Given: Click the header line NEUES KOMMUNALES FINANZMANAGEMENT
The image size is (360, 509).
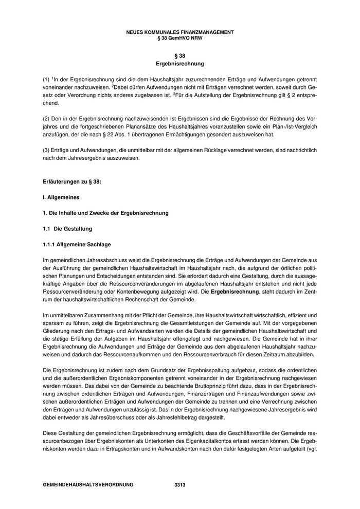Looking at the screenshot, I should coord(179,32).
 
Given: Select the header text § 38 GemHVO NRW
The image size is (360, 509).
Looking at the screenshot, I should coord(179,38).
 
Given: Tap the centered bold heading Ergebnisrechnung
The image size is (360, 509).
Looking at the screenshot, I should coord(179,64).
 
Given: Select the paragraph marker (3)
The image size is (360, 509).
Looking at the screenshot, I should coord(46,149).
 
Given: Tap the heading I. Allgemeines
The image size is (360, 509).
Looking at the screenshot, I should coord(61,197).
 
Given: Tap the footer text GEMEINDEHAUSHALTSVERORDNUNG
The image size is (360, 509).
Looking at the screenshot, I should coord(88,484).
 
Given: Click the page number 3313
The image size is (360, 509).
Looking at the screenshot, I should coord(179,484).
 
